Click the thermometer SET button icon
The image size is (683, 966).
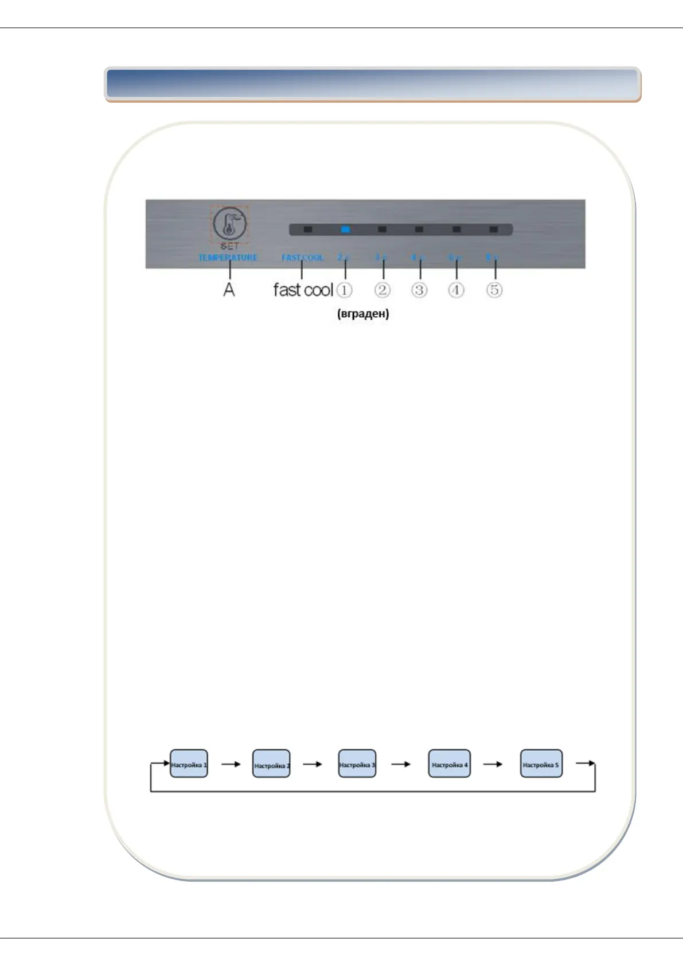tap(229, 223)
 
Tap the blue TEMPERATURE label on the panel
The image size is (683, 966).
tap(228, 258)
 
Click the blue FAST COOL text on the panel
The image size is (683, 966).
tap(302, 258)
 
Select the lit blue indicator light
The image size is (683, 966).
tap(345, 229)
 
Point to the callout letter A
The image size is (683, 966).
tap(229, 290)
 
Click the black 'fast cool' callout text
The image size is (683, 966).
tap(303, 290)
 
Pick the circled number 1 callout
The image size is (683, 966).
tap(344, 290)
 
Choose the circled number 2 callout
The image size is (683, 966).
tap(383, 290)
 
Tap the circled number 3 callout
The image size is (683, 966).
tap(419, 290)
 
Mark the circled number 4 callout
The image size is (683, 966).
tap(456, 290)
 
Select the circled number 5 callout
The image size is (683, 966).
tap(494, 290)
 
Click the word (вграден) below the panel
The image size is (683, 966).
tap(363, 314)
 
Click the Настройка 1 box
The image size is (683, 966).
tap(189, 764)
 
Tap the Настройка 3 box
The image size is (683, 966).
tap(357, 764)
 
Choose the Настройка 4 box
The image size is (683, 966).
tap(450, 764)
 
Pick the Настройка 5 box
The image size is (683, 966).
tap(541, 764)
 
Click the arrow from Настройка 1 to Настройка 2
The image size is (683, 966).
tap(231, 764)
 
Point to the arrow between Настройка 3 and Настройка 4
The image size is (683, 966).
tap(401, 764)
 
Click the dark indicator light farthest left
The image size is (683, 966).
tap(308, 229)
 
